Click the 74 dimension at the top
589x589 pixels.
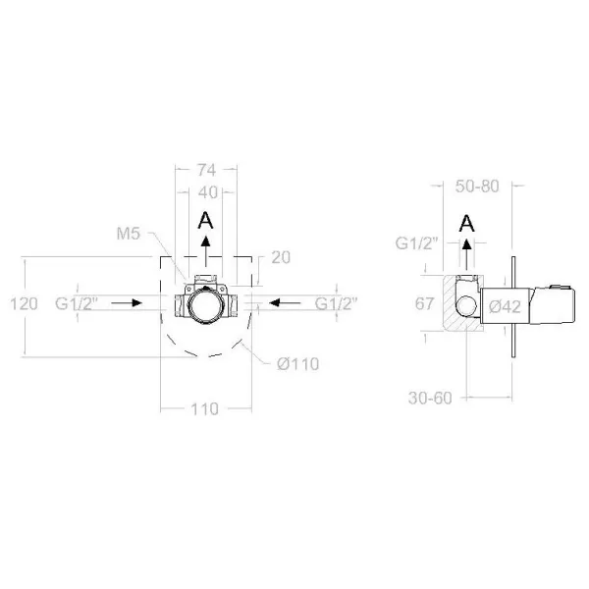[206, 170]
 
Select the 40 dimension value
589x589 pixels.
[208, 192]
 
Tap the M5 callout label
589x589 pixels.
[128, 234]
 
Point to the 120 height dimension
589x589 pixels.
[24, 303]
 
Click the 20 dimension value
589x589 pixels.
[281, 257]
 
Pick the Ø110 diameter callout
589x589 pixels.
[298, 364]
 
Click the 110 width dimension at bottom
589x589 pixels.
[205, 409]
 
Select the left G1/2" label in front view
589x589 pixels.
[77, 303]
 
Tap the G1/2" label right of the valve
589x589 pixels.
[336, 303]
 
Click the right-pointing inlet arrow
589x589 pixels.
[127, 302]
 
